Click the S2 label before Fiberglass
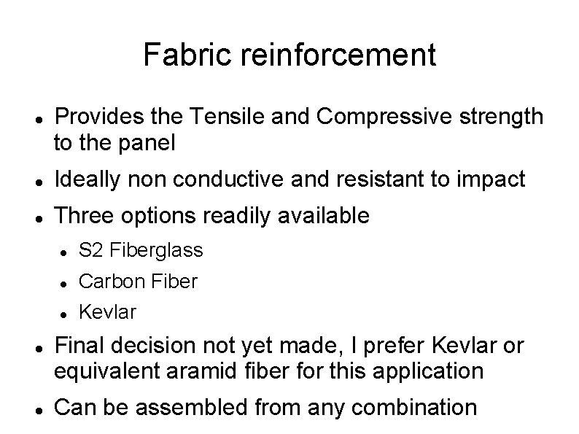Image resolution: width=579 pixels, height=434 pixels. click(x=90, y=251)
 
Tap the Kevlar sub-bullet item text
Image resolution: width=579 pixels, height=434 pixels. click(x=107, y=312)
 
